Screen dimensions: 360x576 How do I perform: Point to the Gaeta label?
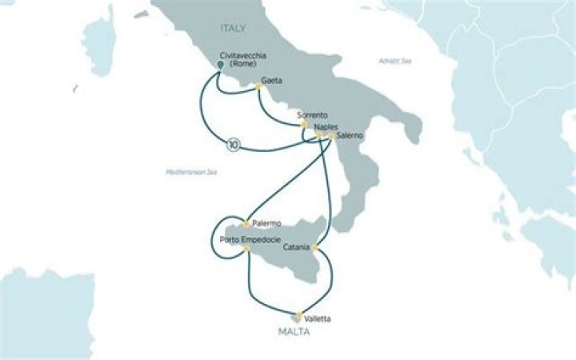[274, 82]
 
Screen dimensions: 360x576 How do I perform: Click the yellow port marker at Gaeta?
[259, 89]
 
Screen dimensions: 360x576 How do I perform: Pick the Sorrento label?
[312, 115]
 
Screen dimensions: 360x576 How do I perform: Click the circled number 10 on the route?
[233, 145]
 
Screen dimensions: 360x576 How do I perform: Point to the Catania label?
[298, 247]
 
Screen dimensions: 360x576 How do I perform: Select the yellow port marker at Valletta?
[299, 314]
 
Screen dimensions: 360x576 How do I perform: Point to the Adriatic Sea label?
[396, 61]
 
